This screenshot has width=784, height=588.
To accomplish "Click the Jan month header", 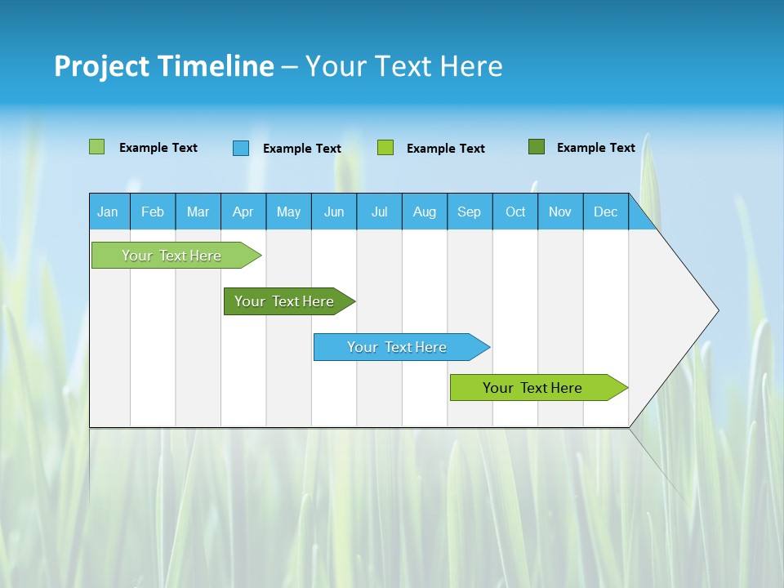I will (x=108, y=212).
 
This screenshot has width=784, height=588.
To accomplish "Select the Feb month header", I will (x=153, y=212).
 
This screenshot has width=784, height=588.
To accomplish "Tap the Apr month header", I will (x=243, y=212).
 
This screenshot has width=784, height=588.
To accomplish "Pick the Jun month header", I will (x=334, y=212).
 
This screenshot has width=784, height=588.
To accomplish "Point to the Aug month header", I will (x=425, y=212).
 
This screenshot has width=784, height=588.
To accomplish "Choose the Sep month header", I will (x=469, y=212).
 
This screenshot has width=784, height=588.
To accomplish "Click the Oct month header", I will (x=515, y=212).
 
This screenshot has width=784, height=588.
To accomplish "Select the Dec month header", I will (x=605, y=212).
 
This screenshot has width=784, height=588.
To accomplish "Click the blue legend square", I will (x=241, y=148).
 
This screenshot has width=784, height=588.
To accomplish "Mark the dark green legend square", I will (x=537, y=147).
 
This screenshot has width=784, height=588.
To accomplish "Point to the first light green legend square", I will (x=97, y=147).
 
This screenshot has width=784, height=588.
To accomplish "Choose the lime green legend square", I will (x=385, y=148).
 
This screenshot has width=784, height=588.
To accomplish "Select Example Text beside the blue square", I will (x=301, y=149).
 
